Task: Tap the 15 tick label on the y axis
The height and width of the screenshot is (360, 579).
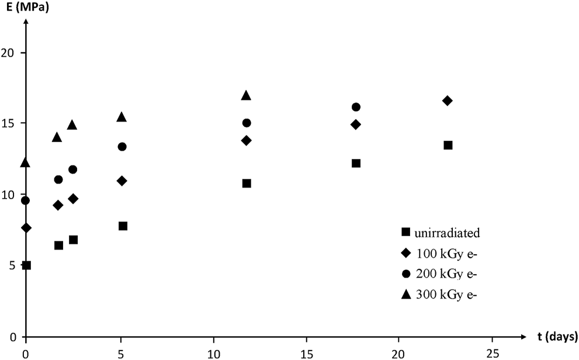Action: pyautogui.click(x=12, y=123)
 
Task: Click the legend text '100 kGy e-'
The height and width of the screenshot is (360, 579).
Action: pyautogui.click(x=443, y=254)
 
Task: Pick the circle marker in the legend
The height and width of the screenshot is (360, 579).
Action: pyautogui.click(x=405, y=274)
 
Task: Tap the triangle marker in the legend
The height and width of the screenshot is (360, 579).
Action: pyautogui.click(x=405, y=295)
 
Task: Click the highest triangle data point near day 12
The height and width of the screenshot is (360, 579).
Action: pyautogui.click(x=247, y=95)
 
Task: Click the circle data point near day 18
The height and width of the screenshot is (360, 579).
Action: pyautogui.click(x=356, y=107)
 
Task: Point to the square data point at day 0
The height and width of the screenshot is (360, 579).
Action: pyautogui.click(x=26, y=265)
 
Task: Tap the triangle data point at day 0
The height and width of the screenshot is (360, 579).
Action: pyautogui.click(x=26, y=162)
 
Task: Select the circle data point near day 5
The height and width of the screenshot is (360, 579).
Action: pyautogui.click(x=122, y=147)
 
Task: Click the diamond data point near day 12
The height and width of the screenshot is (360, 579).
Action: pyautogui.click(x=247, y=140)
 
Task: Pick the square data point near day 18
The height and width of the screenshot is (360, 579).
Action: pyautogui.click(x=356, y=163)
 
